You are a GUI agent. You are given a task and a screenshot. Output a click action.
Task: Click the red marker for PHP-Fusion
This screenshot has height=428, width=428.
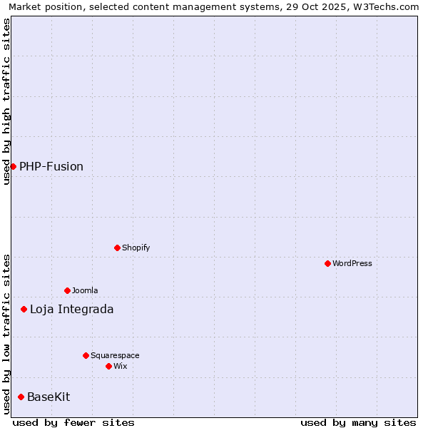pyautogui.click(x=13, y=166)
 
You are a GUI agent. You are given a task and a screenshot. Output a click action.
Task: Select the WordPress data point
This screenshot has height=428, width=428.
pyautogui.click(x=327, y=263)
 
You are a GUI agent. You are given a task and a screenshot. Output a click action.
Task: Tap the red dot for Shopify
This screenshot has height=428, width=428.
pyautogui.click(x=117, y=248)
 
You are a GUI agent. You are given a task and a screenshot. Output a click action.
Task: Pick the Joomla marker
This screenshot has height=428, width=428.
pyautogui.click(x=67, y=290)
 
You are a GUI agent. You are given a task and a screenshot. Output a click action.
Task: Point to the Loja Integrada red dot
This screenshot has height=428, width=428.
pyautogui.click(x=24, y=309)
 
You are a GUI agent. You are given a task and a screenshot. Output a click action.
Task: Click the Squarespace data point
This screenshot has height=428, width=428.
pyautogui.click(x=86, y=355)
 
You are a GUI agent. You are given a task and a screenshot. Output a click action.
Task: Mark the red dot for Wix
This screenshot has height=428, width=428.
pyautogui.click(x=108, y=366)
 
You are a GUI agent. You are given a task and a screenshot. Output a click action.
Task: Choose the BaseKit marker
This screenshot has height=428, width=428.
pyautogui.click(x=21, y=397)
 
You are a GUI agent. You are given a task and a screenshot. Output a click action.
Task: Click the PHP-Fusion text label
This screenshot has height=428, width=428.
pyautogui.click(x=51, y=166)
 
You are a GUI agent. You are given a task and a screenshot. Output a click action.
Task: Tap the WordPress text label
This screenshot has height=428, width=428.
pyautogui.click(x=352, y=263)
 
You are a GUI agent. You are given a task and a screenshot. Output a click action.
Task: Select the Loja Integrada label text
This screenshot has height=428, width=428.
pyautogui.click(x=71, y=309)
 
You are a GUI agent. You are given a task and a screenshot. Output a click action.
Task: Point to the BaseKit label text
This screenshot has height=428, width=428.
pyautogui.click(x=49, y=397)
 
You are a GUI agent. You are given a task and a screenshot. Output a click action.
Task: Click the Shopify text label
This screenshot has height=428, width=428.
pyautogui.click(x=136, y=248)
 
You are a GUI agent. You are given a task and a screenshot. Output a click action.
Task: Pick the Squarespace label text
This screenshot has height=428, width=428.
pyautogui.click(x=115, y=355)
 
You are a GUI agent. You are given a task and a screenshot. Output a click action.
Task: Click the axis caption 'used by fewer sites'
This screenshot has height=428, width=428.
pyautogui.click(x=73, y=422)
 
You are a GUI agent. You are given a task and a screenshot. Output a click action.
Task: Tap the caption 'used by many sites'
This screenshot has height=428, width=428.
pyautogui.click(x=358, y=422)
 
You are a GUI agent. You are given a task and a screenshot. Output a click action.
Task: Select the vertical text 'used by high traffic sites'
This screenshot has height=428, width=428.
pyautogui.click(x=6, y=101)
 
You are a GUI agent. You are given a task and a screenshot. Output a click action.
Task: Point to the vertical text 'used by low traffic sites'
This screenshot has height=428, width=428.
pyautogui.click(x=6, y=333)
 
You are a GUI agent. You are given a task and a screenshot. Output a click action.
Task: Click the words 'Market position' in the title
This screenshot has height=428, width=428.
pyautogui.click(x=41, y=6)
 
